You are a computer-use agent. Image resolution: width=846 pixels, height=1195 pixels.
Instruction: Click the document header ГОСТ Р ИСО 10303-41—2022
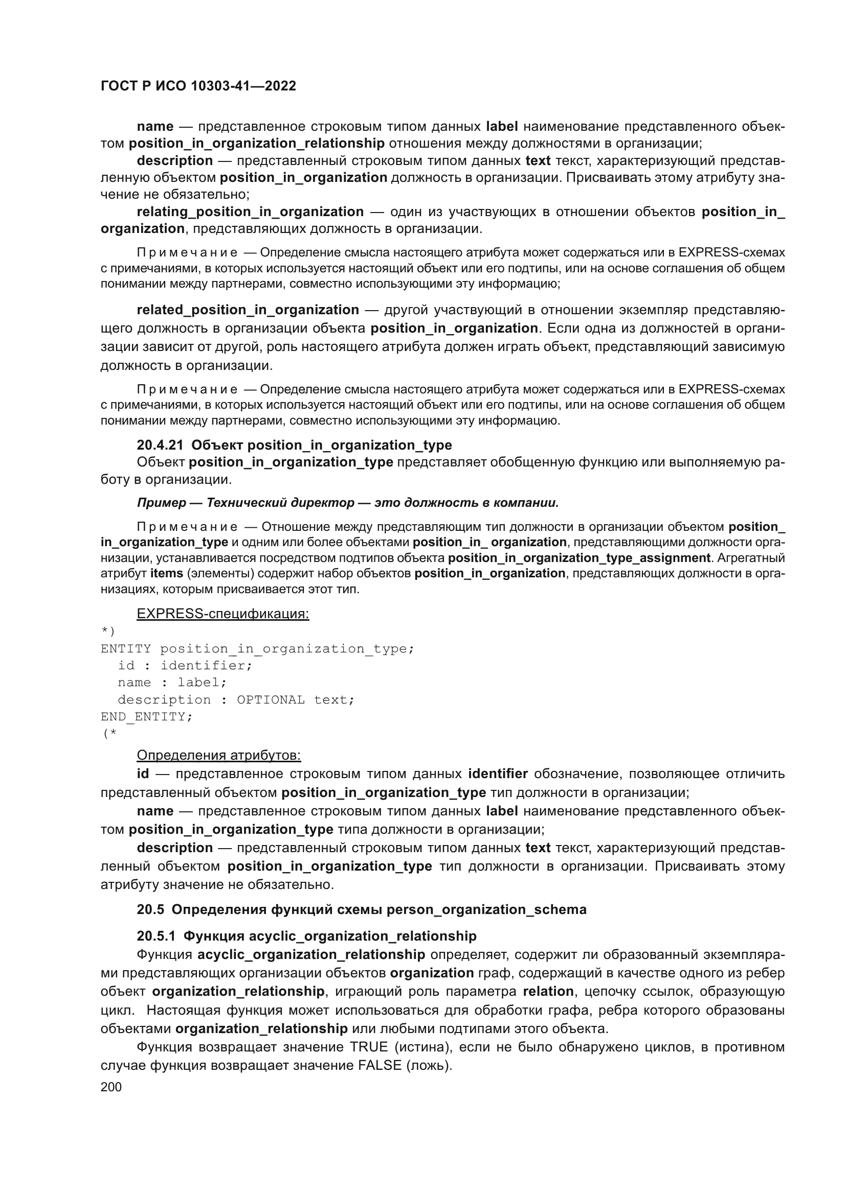click(x=198, y=86)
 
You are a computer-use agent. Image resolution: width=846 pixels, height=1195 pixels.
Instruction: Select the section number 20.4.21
click(x=160, y=445)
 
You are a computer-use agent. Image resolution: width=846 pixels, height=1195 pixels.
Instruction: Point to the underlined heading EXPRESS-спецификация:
click(x=222, y=614)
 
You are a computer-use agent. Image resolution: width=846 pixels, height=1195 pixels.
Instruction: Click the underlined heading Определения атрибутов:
click(x=218, y=755)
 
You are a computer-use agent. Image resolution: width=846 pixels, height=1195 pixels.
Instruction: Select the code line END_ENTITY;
click(x=146, y=717)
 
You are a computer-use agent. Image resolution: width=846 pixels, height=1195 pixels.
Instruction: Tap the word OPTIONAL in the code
click(x=271, y=699)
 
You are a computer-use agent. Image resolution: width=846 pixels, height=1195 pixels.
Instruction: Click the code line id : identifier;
click(x=185, y=665)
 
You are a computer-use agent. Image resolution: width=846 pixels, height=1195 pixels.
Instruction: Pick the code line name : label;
click(x=172, y=683)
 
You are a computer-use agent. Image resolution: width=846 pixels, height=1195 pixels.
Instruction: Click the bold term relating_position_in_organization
click(x=250, y=212)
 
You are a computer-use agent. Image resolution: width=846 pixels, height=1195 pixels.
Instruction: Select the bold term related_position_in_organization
click(x=248, y=310)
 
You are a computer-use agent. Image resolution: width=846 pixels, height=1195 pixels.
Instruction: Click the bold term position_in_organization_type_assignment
click(x=579, y=558)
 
